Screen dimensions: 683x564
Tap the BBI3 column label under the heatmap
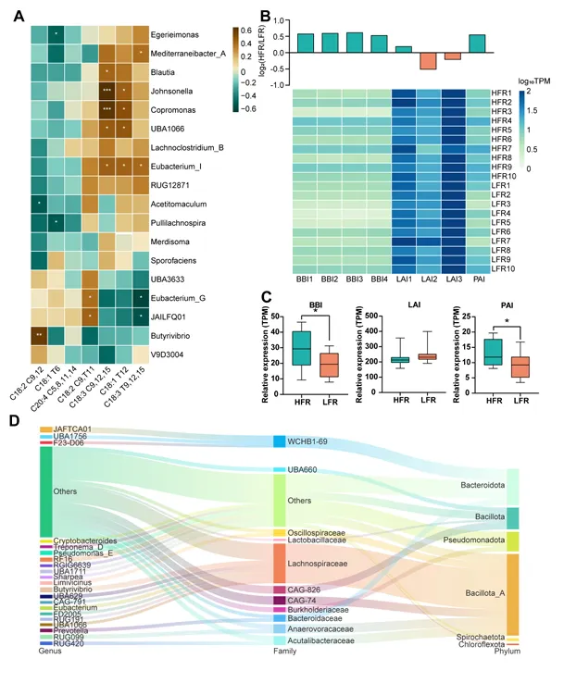point(353,276)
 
